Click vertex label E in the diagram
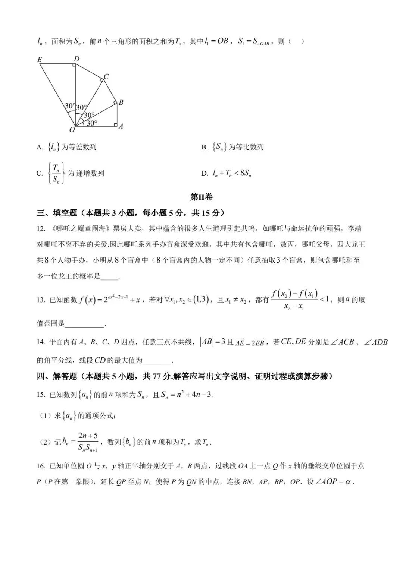[40, 60]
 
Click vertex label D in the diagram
[76, 59]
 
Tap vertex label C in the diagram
[106, 77]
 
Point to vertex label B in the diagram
[121, 102]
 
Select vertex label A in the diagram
[121, 126]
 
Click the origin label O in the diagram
[72, 130]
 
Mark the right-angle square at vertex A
[115, 124]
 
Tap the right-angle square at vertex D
[74, 66]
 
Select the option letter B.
[204, 148]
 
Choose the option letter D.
[204, 173]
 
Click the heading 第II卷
[201, 197]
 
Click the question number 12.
[41, 229]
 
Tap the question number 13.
[41, 300]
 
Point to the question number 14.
[41, 342]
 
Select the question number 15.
[41, 395]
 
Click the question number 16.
[41, 466]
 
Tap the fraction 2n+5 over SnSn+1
[88, 442]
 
